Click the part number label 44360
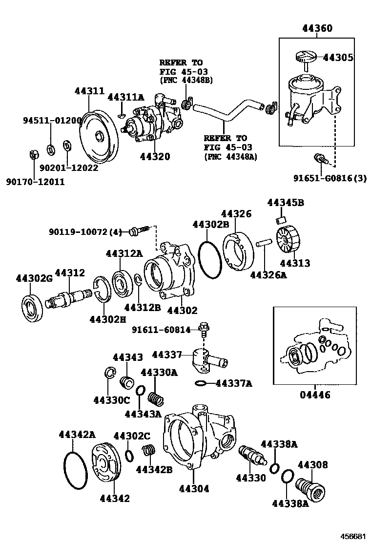[317, 28]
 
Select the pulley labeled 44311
[99, 135]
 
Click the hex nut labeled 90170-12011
[34, 154]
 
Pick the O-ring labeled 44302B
[210, 258]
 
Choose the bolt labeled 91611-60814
[204, 329]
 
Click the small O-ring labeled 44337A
[201, 383]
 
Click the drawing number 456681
[353, 536]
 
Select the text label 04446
[315, 395]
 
